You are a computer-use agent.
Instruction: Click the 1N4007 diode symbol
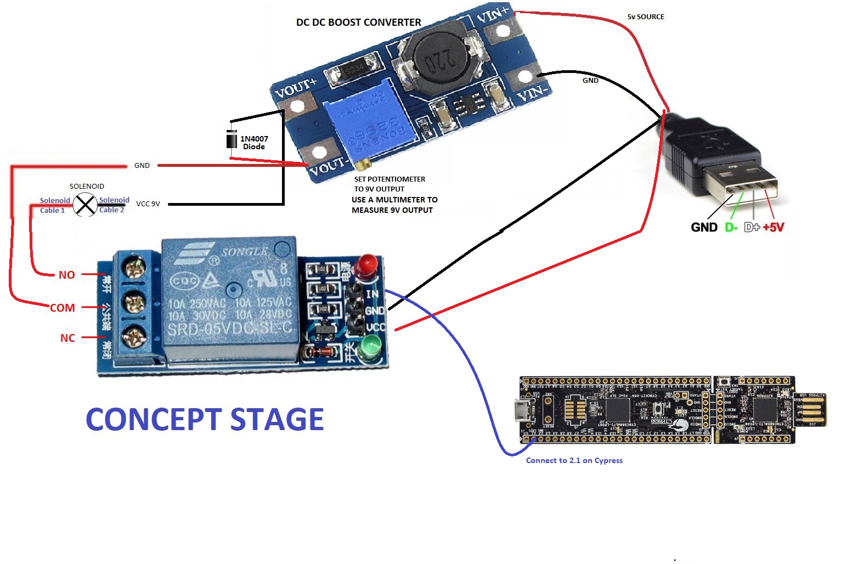click(x=232, y=139)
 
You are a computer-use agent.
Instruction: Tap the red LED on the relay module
click(x=364, y=266)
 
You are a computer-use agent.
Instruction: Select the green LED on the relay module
click(x=371, y=348)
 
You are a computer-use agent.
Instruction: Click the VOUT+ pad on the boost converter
click(x=298, y=106)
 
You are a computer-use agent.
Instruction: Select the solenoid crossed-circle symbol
click(x=85, y=205)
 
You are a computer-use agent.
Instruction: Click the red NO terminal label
click(x=67, y=275)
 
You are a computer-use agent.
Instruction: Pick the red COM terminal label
click(x=63, y=308)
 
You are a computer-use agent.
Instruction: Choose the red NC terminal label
click(x=67, y=338)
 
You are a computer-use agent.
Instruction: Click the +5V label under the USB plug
click(x=773, y=227)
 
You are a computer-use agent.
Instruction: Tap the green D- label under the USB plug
click(x=731, y=227)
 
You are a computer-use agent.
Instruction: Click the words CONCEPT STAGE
click(x=205, y=420)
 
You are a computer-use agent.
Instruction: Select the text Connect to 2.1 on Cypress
click(x=574, y=460)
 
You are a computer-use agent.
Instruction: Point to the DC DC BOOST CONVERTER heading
click(x=358, y=22)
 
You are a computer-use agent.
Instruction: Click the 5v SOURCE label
click(x=646, y=17)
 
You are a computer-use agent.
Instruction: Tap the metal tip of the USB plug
click(x=741, y=182)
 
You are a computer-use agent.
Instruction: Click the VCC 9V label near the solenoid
click(x=148, y=204)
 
